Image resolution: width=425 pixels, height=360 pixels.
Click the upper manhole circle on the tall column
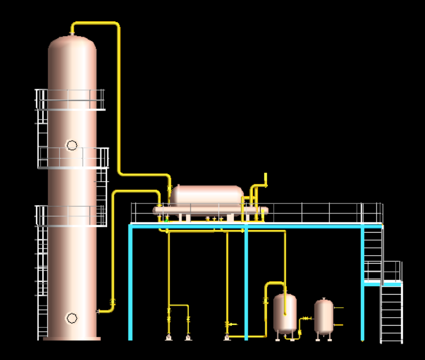click(x=72, y=145)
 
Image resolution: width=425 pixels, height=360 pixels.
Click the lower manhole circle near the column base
click(x=72, y=318)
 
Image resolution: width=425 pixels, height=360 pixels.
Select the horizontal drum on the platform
click(x=207, y=196)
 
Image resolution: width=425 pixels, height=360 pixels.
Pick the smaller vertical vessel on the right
click(x=324, y=316)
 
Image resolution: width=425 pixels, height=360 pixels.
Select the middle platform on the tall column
click(x=73, y=158)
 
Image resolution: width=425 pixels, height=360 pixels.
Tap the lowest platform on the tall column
click(x=71, y=216)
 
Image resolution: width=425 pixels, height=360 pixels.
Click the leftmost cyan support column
click(x=131, y=282)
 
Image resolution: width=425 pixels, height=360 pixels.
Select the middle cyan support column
click(x=246, y=282)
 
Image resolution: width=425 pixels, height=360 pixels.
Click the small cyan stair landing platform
click(x=383, y=283)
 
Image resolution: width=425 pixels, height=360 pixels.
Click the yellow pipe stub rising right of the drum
click(x=265, y=179)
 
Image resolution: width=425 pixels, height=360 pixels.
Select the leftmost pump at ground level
click(x=169, y=337)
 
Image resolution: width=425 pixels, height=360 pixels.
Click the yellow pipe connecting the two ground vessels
click(x=306, y=319)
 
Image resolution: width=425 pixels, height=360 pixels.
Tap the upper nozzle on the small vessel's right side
click(x=338, y=308)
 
